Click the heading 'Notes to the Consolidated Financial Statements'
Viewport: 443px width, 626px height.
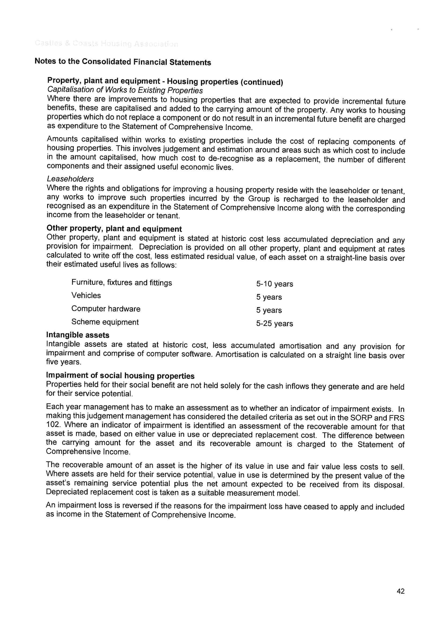click(123, 62)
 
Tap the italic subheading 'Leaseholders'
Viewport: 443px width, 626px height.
click(70, 179)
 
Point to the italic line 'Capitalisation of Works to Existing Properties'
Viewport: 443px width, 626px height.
click(125, 90)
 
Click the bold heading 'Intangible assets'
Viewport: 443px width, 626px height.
click(78, 335)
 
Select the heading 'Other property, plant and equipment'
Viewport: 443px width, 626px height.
click(114, 228)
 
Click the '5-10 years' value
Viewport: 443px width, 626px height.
click(274, 284)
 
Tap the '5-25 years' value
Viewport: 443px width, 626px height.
click(274, 324)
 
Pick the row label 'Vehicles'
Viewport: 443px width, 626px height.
click(86, 296)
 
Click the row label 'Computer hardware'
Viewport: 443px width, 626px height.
click(106, 309)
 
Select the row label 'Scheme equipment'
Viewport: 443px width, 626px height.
click(105, 322)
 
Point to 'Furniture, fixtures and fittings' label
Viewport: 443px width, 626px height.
click(122, 283)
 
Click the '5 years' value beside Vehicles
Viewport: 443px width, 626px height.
click(269, 297)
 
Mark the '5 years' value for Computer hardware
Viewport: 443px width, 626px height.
click(269, 310)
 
